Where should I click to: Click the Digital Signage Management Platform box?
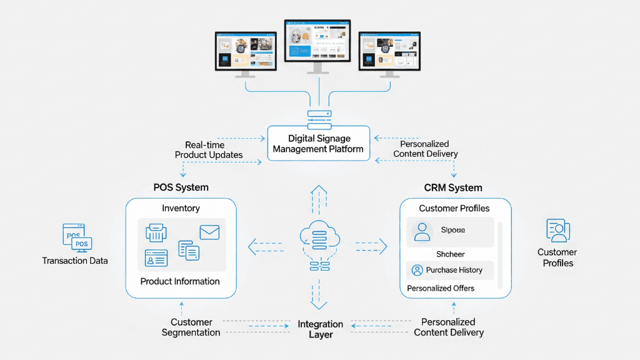pos(318,144)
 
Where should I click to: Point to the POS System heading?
pos(181,187)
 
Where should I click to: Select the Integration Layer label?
pos(320,329)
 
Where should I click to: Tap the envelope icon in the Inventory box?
pos(209,232)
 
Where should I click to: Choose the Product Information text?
pos(180,281)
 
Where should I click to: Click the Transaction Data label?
pos(75,261)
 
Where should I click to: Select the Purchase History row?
pos(449,270)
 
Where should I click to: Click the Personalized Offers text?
pos(441,288)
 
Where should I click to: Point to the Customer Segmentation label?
pos(191,327)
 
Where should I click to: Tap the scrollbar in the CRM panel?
pos(499,253)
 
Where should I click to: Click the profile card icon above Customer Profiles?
pos(556,231)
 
